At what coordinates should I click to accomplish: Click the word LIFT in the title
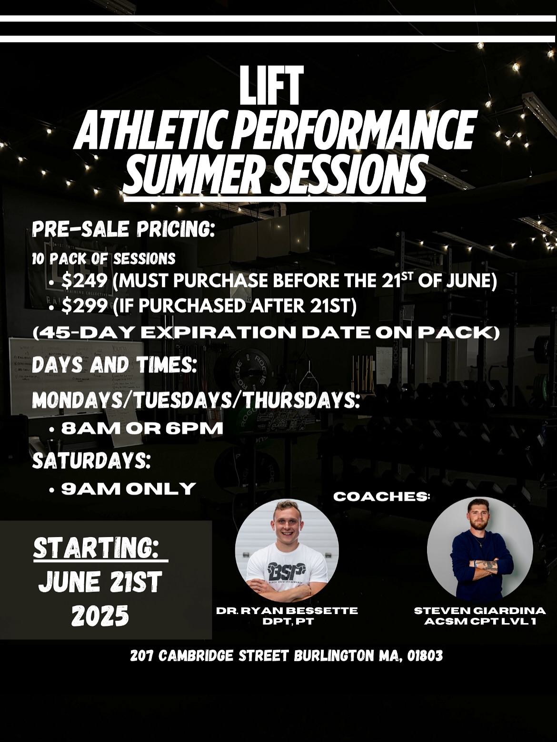click(x=271, y=86)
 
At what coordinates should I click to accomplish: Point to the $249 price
click(x=84, y=282)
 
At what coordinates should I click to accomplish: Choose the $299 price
click(x=84, y=307)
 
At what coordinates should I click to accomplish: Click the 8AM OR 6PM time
click(x=142, y=429)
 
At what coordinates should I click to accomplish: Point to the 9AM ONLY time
click(x=129, y=488)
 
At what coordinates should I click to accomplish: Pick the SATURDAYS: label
click(x=91, y=461)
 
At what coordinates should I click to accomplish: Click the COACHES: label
click(x=381, y=497)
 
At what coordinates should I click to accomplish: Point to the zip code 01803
click(x=425, y=656)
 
